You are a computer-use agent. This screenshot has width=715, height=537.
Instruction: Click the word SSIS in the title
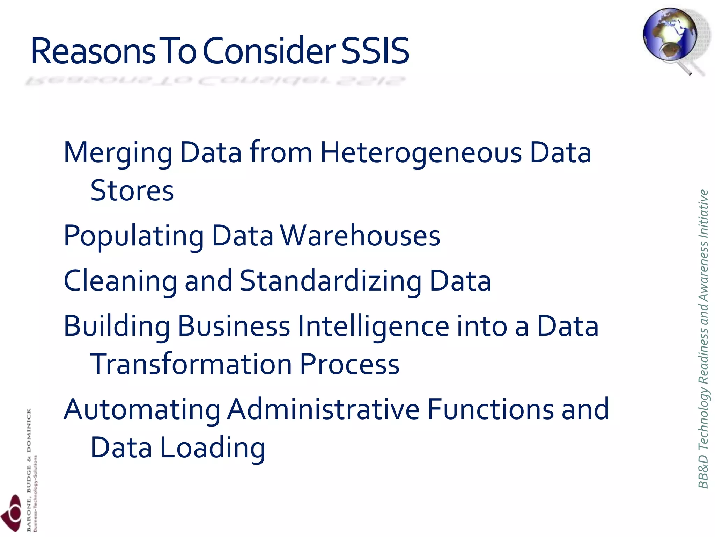(x=375, y=51)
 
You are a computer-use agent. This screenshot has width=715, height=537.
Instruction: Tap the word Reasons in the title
(x=93, y=51)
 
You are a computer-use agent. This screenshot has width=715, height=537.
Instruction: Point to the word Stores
(x=132, y=191)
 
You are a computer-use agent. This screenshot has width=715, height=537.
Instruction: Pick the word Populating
(x=134, y=236)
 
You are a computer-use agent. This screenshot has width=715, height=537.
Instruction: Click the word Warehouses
(x=361, y=236)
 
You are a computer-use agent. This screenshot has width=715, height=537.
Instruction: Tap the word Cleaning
(x=120, y=281)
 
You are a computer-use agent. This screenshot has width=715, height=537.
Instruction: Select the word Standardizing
(x=331, y=281)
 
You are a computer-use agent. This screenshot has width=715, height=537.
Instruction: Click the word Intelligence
(x=374, y=326)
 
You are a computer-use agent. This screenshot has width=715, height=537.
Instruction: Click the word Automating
(x=142, y=410)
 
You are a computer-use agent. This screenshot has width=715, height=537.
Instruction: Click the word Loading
(x=213, y=448)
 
